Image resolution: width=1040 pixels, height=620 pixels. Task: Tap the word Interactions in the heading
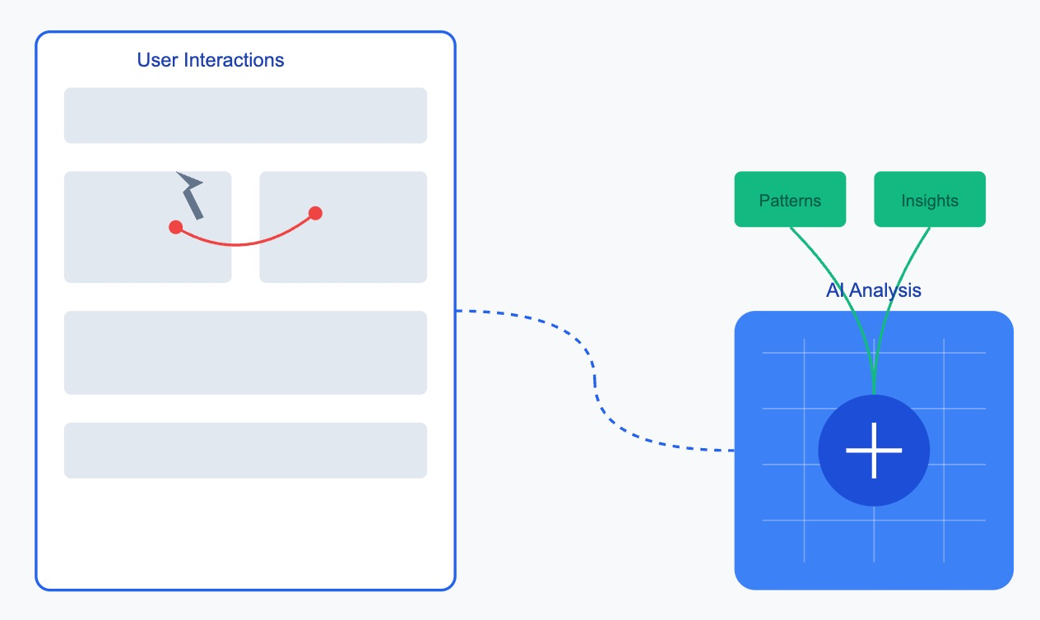(x=234, y=60)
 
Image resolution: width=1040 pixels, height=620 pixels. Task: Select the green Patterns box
(x=790, y=199)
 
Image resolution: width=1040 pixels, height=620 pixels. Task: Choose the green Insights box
(x=930, y=199)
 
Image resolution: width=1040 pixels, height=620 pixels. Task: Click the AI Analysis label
(x=873, y=290)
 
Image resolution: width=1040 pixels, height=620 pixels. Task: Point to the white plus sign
(x=874, y=450)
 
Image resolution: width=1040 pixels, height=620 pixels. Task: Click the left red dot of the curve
(x=175, y=227)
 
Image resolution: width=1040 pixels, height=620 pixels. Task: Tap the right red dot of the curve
(x=315, y=213)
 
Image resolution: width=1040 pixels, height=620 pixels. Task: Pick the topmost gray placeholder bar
(x=245, y=115)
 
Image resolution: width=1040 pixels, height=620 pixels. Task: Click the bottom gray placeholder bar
(x=245, y=450)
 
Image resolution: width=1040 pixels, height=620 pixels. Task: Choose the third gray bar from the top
(x=245, y=353)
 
